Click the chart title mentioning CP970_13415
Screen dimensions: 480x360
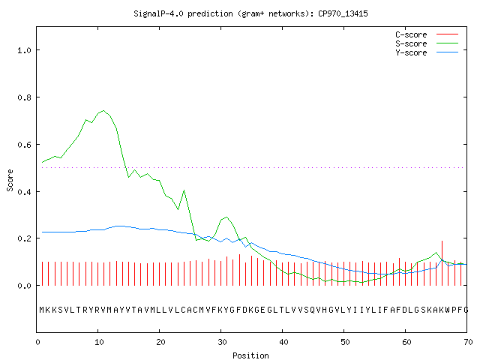click(x=250, y=13)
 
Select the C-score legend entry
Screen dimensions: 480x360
click(x=427, y=34)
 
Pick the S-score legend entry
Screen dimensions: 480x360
click(x=427, y=43)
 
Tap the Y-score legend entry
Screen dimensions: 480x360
click(x=427, y=52)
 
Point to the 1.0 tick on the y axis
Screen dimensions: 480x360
click(x=24, y=50)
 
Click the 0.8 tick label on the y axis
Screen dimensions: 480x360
click(x=24, y=97)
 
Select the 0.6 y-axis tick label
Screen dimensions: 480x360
click(x=24, y=145)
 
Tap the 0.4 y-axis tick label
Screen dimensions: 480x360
click(x=24, y=192)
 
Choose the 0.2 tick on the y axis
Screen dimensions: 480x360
click(x=24, y=238)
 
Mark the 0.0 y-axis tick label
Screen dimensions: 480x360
click(x=24, y=286)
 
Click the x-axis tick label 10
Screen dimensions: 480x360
click(x=99, y=342)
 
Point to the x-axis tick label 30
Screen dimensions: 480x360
click(x=222, y=342)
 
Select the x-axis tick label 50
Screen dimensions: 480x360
click(x=345, y=342)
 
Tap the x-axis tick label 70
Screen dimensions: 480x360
click(x=468, y=342)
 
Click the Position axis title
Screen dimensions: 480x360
click(x=250, y=355)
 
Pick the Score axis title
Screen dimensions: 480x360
click(x=10, y=180)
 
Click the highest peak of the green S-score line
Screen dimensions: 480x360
click(x=103, y=110)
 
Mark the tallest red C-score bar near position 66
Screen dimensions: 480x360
click(x=442, y=263)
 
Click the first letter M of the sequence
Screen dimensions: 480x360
click(x=42, y=310)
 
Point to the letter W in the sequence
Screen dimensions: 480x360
click(x=448, y=310)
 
